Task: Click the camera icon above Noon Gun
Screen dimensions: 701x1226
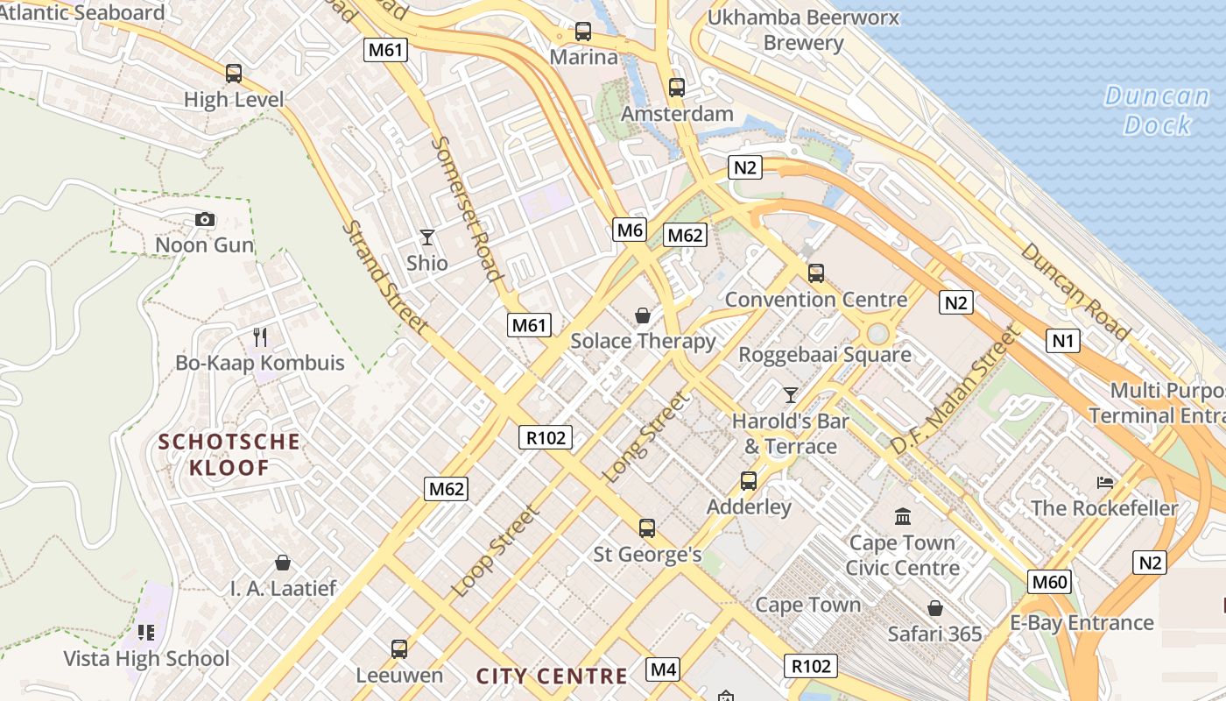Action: click(205, 219)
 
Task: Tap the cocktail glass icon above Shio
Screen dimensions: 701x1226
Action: click(426, 237)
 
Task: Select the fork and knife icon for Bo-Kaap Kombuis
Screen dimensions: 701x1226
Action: click(259, 336)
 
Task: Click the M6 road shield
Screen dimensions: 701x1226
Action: click(631, 230)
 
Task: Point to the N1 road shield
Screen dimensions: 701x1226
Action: click(1063, 340)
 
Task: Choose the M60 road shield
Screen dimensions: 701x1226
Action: click(1051, 582)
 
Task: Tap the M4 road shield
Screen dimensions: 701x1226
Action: click(663, 670)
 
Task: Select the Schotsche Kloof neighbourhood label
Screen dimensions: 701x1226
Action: click(229, 454)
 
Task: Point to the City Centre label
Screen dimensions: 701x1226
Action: click(552, 676)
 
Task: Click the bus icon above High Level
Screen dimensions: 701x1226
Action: click(234, 74)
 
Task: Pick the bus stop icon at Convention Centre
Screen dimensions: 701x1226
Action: click(816, 273)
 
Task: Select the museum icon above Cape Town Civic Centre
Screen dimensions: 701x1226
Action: click(903, 516)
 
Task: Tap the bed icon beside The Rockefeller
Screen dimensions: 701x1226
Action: click(1105, 482)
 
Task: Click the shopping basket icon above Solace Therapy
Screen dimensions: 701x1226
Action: click(643, 315)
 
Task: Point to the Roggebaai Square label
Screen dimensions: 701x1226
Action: click(825, 355)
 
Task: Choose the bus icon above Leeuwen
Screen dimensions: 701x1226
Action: click(399, 649)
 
